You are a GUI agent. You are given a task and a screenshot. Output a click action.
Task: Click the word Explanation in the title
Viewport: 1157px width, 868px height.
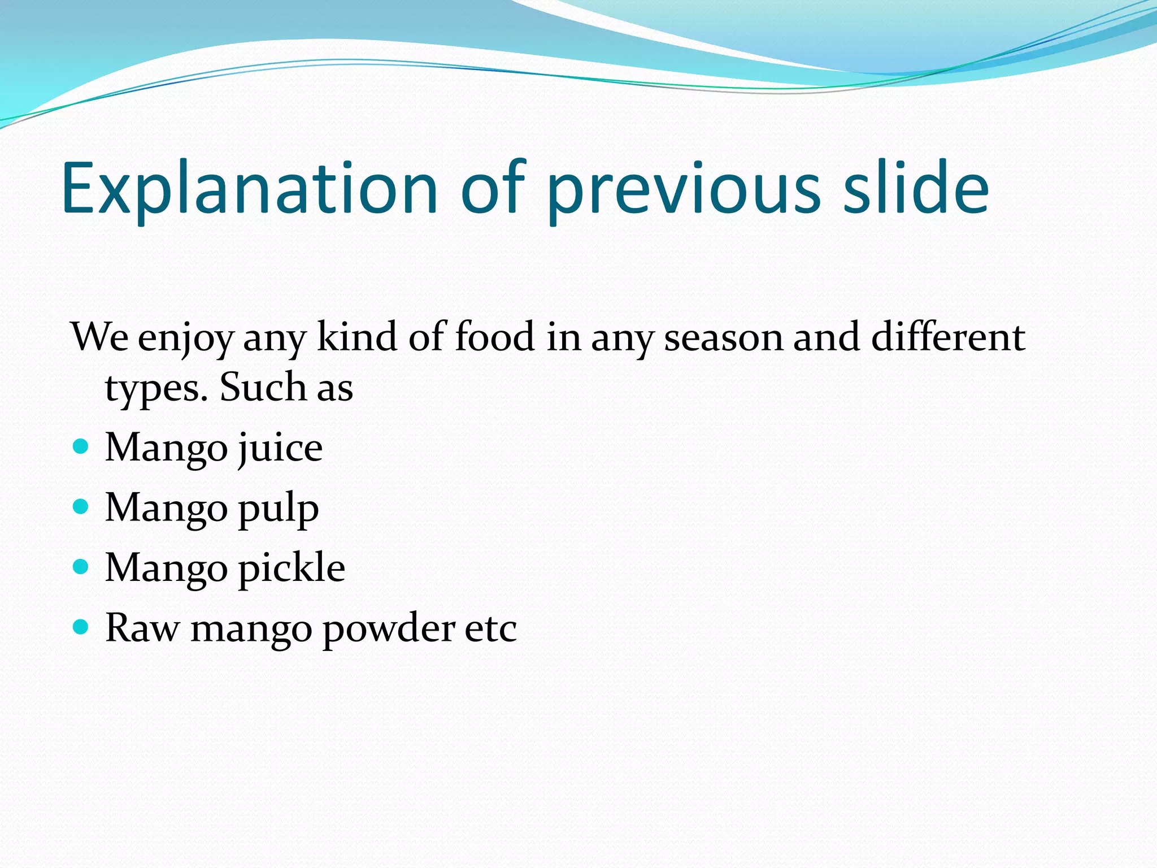click(249, 189)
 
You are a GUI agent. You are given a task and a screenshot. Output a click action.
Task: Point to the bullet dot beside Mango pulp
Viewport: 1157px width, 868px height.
click(81, 507)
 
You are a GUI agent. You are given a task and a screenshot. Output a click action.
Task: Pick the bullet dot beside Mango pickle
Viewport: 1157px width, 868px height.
click(81, 567)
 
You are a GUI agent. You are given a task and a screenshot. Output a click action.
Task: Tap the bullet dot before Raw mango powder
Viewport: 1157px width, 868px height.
click(81, 627)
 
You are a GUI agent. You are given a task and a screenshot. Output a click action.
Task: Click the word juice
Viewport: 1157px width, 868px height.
click(280, 448)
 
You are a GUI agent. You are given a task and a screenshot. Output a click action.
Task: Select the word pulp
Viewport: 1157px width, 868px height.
click(278, 509)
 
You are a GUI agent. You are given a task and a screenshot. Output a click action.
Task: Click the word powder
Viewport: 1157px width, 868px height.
click(389, 628)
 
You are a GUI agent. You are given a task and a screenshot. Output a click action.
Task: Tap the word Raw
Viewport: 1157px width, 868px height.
click(142, 628)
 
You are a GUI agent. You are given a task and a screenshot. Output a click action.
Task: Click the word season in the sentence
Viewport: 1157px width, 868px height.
click(724, 338)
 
